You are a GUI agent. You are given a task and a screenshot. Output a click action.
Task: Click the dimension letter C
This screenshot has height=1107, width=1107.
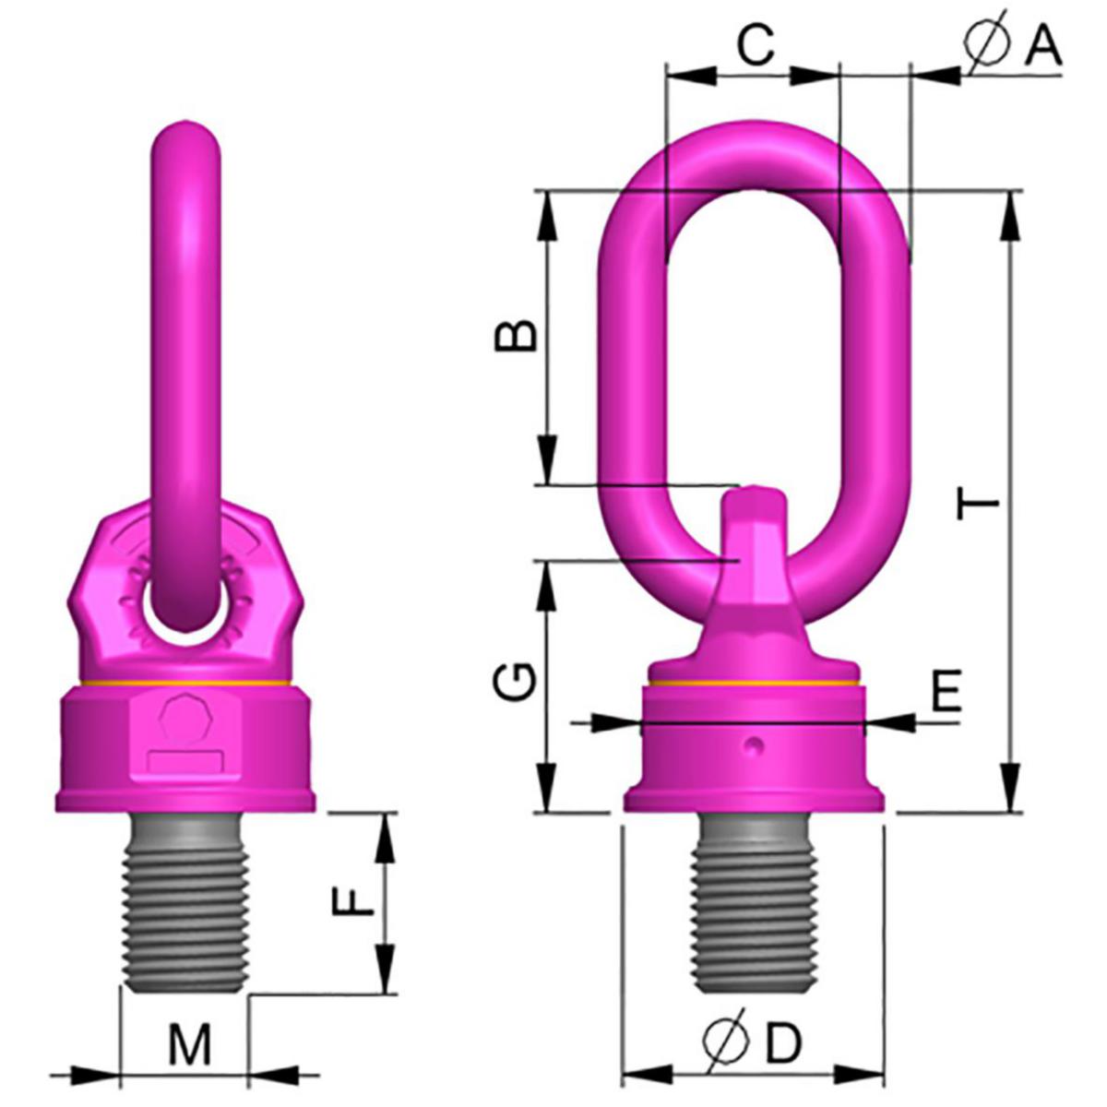[x=756, y=44]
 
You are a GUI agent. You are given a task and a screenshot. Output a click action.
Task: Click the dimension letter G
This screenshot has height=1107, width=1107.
[x=516, y=682]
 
